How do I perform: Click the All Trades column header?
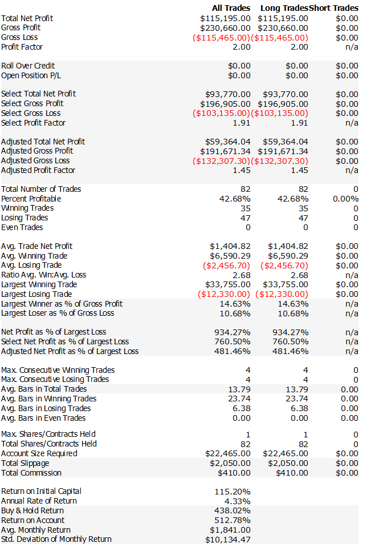(230, 8)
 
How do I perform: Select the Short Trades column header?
(333, 8)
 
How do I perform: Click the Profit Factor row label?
(22, 47)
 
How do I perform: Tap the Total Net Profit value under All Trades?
(225, 18)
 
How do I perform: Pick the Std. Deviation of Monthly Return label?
(56, 539)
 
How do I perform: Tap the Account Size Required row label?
(39, 453)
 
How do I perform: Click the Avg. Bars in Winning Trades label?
(49, 399)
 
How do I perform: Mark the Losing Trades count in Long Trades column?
(303, 218)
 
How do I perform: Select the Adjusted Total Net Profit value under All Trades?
(228, 142)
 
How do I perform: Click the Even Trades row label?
(22, 227)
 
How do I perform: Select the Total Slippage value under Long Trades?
(288, 463)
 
